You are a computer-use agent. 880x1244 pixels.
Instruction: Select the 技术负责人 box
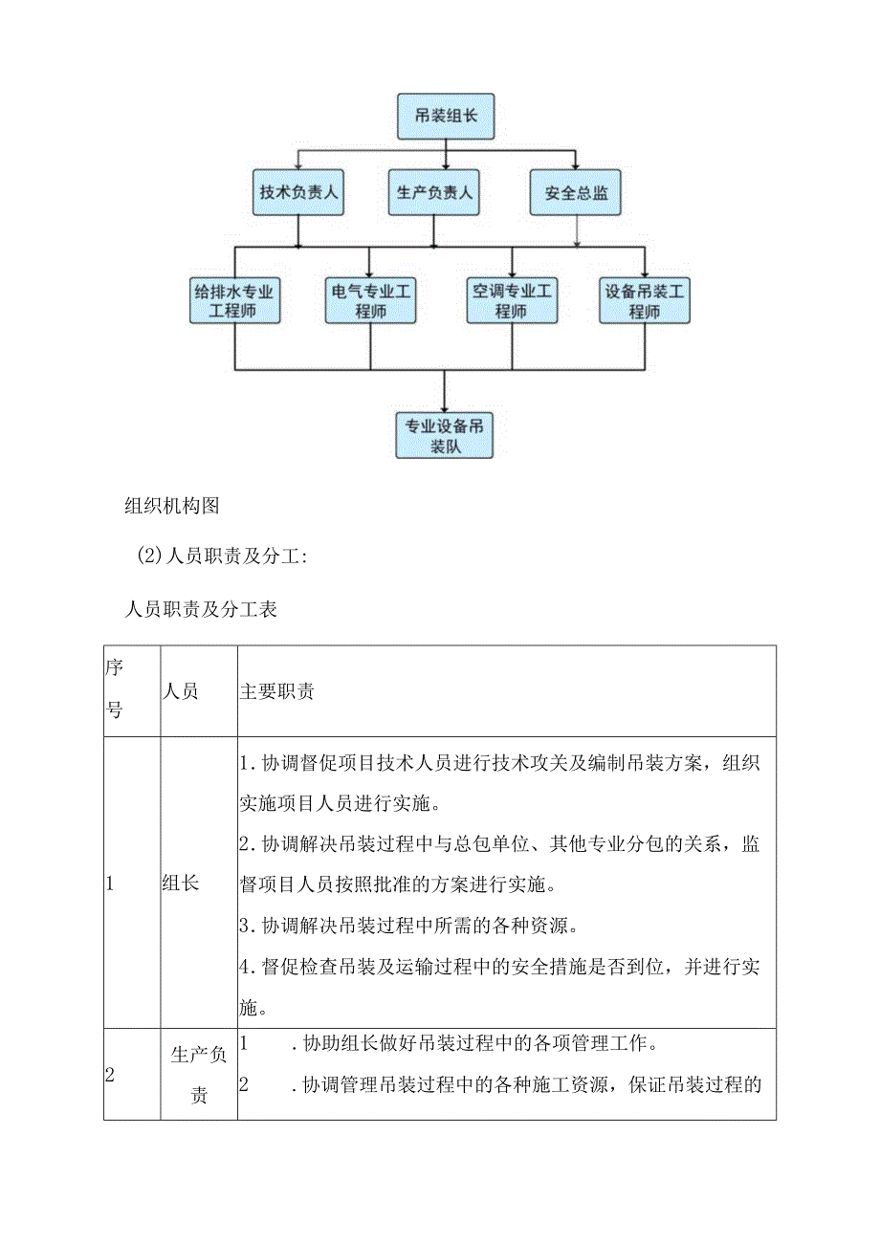tap(299, 192)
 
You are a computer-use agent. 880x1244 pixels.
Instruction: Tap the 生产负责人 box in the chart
tap(434, 192)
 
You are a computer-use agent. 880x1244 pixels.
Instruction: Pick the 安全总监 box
tap(576, 192)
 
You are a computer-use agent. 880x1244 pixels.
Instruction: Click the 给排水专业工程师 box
tap(234, 300)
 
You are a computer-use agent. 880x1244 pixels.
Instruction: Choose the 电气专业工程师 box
tap(369, 300)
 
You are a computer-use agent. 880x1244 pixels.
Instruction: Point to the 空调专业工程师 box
tap(512, 300)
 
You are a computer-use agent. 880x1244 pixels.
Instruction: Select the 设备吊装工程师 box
tap(645, 300)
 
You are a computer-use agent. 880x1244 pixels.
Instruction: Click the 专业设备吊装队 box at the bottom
tap(445, 435)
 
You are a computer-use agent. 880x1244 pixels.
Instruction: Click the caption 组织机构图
tap(172, 507)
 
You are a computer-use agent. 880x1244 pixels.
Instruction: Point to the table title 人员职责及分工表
tap(201, 609)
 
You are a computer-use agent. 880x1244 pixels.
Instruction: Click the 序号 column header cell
tap(114, 690)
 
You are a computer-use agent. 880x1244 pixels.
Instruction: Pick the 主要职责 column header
tap(276, 691)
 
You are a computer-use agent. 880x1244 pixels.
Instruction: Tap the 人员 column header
tap(181, 691)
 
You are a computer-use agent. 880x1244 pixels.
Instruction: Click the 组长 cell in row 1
tap(181, 884)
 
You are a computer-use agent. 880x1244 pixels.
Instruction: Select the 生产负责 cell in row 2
tap(199, 1074)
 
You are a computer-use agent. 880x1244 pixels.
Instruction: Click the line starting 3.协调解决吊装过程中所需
tap(419, 926)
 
